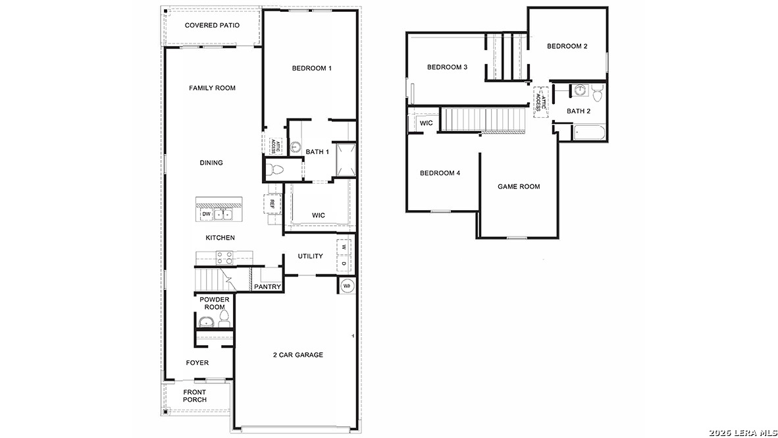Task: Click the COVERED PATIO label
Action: click(x=212, y=26)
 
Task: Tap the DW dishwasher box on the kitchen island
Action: click(x=206, y=214)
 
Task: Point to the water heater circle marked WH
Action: click(x=347, y=286)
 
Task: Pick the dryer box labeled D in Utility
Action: click(x=344, y=263)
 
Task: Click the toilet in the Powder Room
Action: click(x=224, y=321)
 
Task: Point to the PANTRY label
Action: click(x=268, y=287)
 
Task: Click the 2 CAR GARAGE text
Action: click(x=298, y=355)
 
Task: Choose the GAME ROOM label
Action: click(x=519, y=186)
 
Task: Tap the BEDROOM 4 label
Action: click(x=440, y=173)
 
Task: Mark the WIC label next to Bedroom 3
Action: click(x=427, y=123)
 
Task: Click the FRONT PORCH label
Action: click(x=195, y=396)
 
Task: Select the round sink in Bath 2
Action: click(x=581, y=90)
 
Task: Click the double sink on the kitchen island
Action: click(x=224, y=214)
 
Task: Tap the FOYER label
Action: click(x=197, y=363)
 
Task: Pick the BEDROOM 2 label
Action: click(x=567, y=46)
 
